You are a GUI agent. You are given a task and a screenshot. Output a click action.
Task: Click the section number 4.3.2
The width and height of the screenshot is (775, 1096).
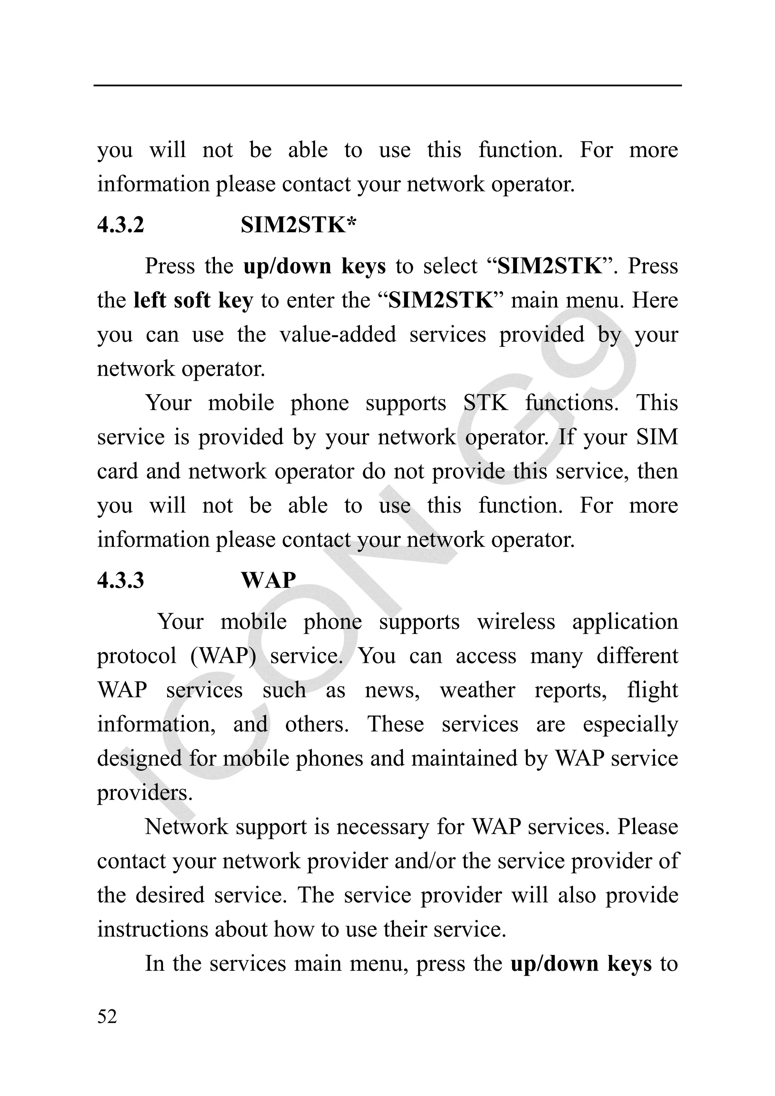pyautogui.click(x=120, y=225)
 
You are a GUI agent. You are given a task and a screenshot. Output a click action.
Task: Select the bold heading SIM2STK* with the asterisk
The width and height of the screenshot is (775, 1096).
pyautogui.click(x=299, y=225)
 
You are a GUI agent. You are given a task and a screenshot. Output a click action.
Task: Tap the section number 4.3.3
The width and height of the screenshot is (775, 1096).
pyautogui.click(x=120, y=580)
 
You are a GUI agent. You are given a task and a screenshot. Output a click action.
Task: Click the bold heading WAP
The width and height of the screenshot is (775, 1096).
pyautogui.click(x=268, y=580)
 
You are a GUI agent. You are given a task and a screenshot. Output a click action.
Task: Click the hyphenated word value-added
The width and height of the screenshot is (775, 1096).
pyautogui.click(x=338, y=334)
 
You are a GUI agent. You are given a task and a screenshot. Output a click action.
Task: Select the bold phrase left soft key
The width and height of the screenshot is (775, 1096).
pyautogui.click(x=193, y=300)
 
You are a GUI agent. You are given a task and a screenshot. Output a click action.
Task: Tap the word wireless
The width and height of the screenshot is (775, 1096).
pyautogui.click(x=516, y=622)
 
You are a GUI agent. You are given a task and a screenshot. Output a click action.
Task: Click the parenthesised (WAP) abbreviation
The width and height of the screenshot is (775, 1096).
pyautogui.click(x=223, y=656)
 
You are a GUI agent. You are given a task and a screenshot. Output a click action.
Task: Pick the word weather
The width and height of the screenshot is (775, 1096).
pyautogui.click(x=478, y=690)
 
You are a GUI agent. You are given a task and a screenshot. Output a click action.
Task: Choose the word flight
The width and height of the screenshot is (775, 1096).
pyautogui.click(x=652, y=690)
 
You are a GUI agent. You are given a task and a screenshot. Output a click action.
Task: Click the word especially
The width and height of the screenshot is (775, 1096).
pyautogui.click(x=630, y=724)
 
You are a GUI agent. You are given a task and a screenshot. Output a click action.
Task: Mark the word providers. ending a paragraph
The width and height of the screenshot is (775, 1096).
pyautogui.click(x=145, y=793)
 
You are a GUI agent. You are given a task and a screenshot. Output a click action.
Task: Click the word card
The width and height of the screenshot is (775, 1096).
pyautogui.click(x=117, y=471)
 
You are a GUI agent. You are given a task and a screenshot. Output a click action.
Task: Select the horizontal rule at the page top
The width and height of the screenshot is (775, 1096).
pyautogui.click(x=387, y=86)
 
